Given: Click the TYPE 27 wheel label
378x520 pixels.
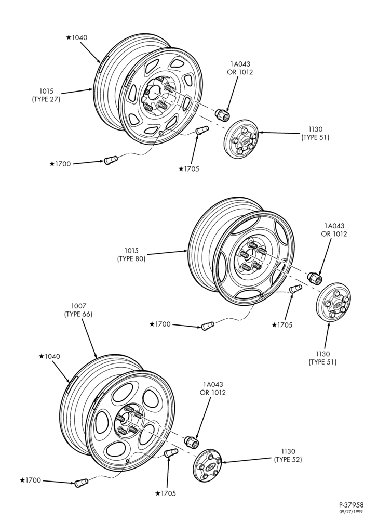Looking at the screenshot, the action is tap(46, 95).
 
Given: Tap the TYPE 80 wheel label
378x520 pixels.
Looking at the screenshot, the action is tap(131, 254).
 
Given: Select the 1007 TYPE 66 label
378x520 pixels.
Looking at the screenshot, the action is tap(78, 310).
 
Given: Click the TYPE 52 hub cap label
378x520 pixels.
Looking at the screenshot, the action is tap(288, 456).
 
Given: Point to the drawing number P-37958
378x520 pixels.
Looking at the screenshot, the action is tap(351, 505).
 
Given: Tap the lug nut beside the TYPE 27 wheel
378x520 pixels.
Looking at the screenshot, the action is tap(221, 114).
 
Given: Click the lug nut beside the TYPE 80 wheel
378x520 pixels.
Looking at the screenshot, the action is tap(315, 278).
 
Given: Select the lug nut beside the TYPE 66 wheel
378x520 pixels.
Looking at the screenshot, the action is tap(191, 441).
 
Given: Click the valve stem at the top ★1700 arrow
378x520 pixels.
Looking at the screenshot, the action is tap(110, 160).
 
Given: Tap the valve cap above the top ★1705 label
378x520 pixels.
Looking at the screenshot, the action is tap(201, 129).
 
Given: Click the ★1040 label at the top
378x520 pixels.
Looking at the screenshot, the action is tap(77, 37).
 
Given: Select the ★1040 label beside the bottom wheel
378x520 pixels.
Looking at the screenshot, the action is tap(50, 357).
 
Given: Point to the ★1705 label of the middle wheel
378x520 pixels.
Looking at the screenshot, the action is tap(282, 325).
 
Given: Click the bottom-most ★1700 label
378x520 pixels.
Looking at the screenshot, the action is tap(31, 480).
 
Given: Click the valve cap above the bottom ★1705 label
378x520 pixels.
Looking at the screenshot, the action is tap(171, 452).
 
